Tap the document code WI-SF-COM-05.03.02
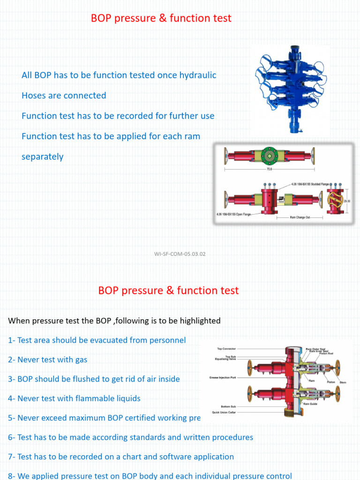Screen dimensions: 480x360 point(180,254)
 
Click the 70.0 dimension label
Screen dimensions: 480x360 point(270,169)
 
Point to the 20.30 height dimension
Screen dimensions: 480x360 point(347,201)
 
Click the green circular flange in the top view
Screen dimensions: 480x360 point(270,154)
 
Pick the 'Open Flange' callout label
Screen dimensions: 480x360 point(234,214)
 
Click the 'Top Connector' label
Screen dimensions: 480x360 point(226,349)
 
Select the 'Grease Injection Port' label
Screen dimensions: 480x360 point(223,377)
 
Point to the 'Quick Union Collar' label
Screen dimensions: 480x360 point(223,412)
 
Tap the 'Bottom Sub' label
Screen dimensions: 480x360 point(228,406)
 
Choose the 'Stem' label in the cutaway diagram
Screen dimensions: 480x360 point(343,382)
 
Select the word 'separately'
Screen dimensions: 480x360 point(42,157)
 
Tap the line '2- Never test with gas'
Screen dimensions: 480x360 point(47,360)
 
